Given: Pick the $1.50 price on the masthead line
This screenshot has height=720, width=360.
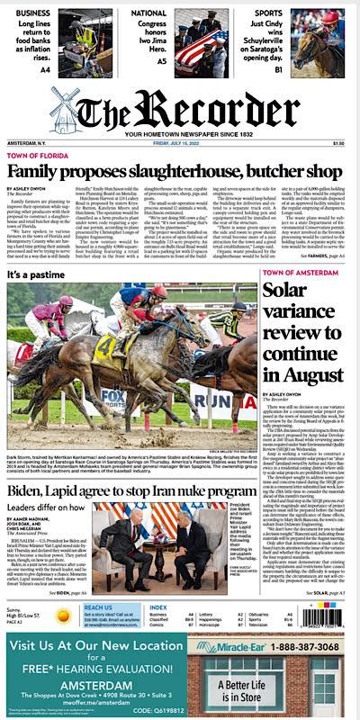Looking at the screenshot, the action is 337,143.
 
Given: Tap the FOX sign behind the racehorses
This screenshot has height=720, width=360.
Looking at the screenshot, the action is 114,397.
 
